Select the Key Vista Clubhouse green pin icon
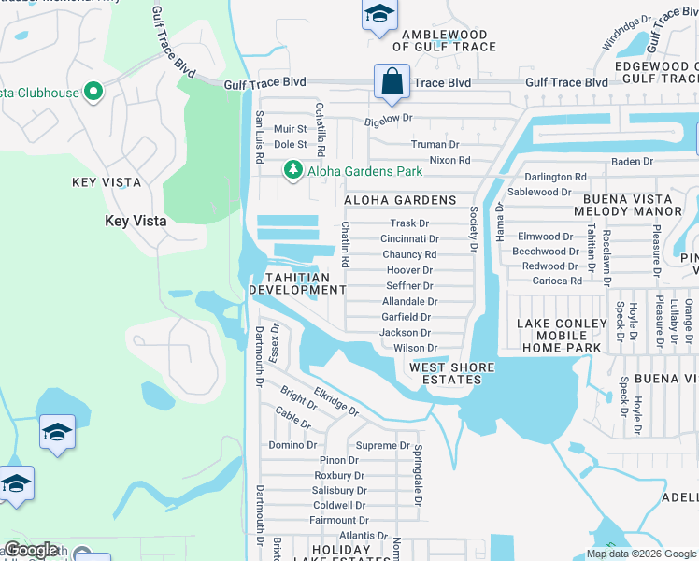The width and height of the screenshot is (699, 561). [x=93, y=92]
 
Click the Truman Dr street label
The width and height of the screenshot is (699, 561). [x=435, y=145]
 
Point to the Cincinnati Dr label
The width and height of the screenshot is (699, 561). [x=409, y=239]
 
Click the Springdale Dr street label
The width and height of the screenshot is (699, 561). [x=418, y=472]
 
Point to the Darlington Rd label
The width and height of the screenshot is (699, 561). [x=555, y=177]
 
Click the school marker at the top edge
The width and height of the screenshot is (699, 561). [x=378, y=15]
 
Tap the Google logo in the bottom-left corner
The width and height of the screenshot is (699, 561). [x=30, y=550]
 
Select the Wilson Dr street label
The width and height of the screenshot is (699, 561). [x=415, y=348]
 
